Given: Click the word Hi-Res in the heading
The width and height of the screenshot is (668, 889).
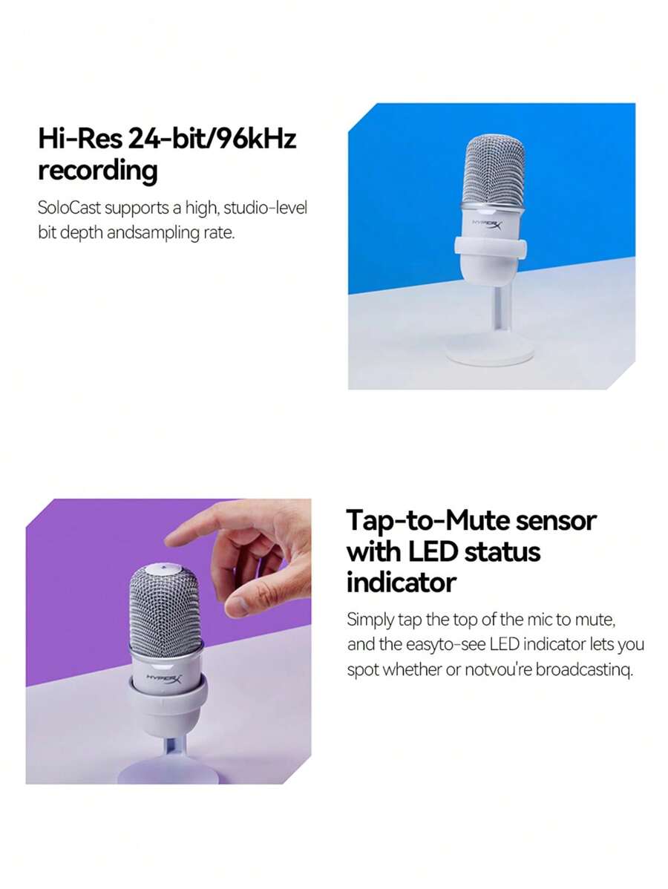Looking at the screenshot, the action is coord(80,138).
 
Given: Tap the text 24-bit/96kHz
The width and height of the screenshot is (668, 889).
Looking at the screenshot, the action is coord(213,138).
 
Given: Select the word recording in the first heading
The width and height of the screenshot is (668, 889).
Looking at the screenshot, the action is coord(97,171).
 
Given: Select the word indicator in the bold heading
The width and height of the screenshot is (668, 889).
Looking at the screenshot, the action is coord(402,583).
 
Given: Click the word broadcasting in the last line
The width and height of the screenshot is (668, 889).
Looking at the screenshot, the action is coord(583,669).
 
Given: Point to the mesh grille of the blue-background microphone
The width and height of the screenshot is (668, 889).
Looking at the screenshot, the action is coord(494,169).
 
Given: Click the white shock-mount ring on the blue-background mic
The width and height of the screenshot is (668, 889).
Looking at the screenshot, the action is coord(489,247).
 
